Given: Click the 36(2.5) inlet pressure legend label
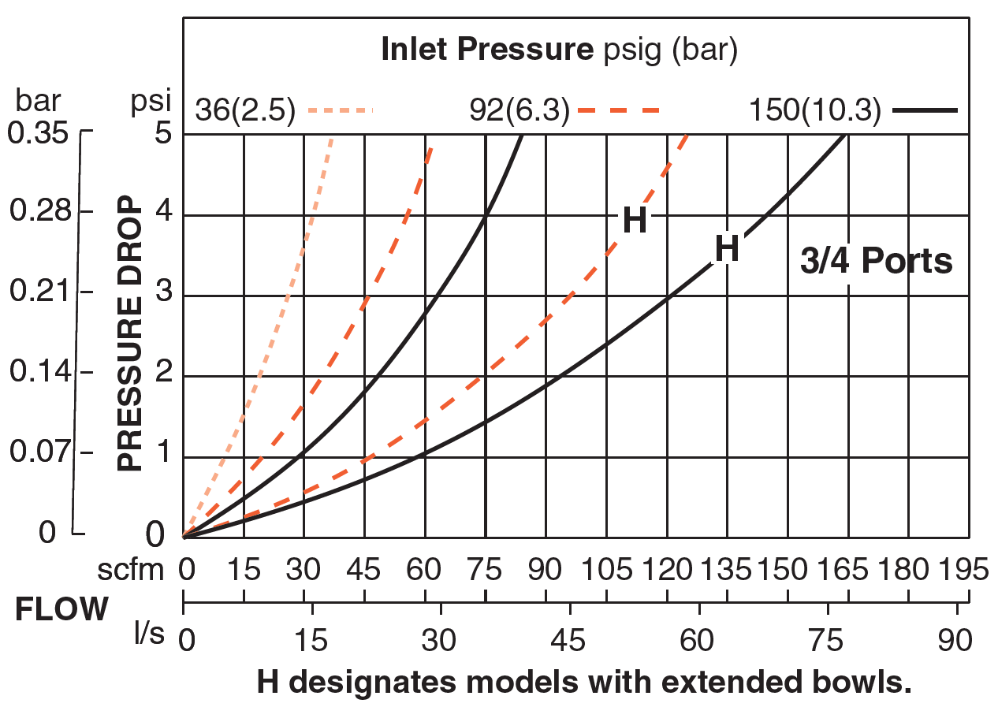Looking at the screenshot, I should point(245,111).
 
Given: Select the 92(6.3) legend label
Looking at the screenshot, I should point(518,111).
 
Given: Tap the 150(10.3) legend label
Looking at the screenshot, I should point(814,111).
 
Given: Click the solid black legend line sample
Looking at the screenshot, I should point(925,110).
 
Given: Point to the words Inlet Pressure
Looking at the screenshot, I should point(486,50).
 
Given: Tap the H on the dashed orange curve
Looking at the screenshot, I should point(635,221).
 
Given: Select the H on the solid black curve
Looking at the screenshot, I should point(726,249).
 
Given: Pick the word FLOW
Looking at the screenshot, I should point(61,609).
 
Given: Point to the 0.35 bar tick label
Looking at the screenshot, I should point(37,133).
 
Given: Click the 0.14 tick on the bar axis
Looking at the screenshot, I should point(37,372).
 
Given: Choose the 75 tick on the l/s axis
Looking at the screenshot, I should point(828,639).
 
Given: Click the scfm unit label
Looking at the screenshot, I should point(131,568).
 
